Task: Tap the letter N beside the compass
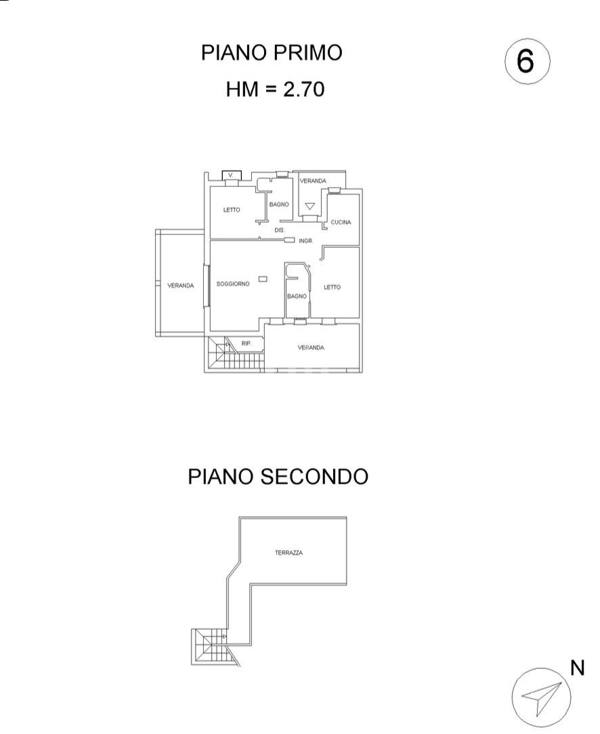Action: [x=577, y=668]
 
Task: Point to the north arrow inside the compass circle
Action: [x=542, y=697]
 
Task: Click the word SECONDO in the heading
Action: [x=314, y=476]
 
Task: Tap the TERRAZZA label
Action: [x=288, y=553]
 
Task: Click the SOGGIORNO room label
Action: [x=233, y=284]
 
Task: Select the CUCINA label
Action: [x=341, y=222]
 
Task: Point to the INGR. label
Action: [x=305, y=240]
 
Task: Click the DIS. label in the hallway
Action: [x=279, y=231]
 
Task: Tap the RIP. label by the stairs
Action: [x=247, y=344]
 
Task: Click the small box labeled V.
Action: [x=232, y=175]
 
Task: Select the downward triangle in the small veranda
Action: [x=310, y=206]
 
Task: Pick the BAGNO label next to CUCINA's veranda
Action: [x=279, y=204]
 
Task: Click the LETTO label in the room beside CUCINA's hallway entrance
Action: [x=332, y=287]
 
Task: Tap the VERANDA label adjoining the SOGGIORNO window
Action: [x=181, y=286]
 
